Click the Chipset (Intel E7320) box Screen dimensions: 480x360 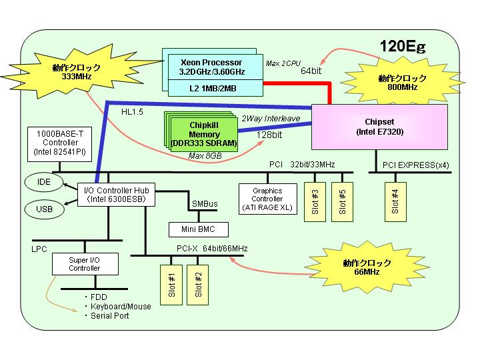pyautogui.click(x=379, y=127)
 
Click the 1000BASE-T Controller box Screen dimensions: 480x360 pyautogui.click(x=60, y=144)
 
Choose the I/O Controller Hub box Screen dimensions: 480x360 pyautogui.click(x=116, y=195)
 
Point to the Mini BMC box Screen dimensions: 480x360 pyautogui.click(x=199, y=229)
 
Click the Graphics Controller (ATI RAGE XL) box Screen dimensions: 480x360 pyautogui.click(x=268, y=199)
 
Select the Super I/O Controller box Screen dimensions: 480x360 pyautogui.click(x=85, y=264)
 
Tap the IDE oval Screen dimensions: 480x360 pyautogui.click(x=44, y=182)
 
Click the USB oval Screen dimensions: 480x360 pyautogui.click(x=45, y=209)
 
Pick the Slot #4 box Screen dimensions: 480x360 pyautogui.click(x=395, y=202)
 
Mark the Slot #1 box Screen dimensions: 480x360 pyautogui.click(x=171, y=285)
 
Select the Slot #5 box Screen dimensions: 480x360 pyautogui.click(x=342, y=202)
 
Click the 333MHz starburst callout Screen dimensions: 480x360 pyautogui.click(x=77, y=72)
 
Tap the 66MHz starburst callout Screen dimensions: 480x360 pyautogui.click(x=367, y=267)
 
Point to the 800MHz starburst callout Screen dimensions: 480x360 pyautogui.click(x=402, y=83)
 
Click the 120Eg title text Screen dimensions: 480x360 pyautogui.click(x=403, y=47)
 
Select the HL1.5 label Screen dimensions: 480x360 pyautogui.click(x=132, y=112)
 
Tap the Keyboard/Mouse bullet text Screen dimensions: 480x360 pyautogui.click(x=121, y=307)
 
